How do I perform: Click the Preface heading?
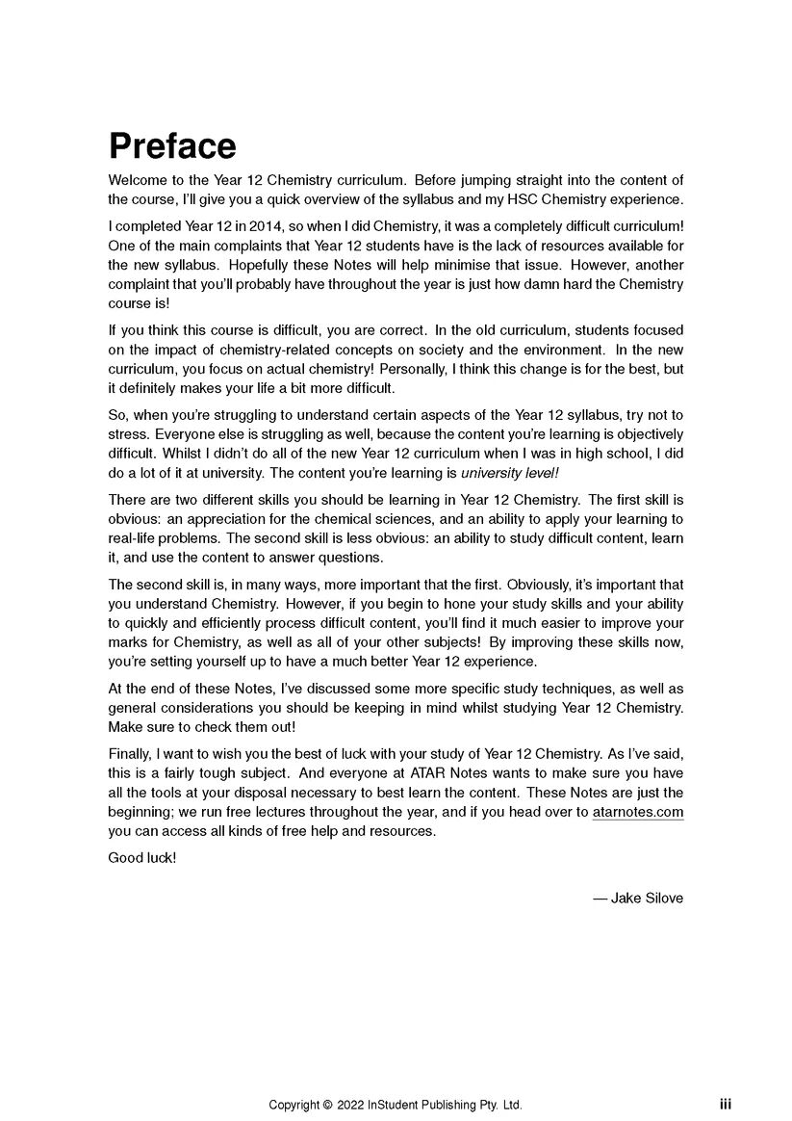point(172,146)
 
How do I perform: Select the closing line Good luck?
point(142,856)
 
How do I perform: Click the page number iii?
point(725,1105)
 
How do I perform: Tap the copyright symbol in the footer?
point(327,1105)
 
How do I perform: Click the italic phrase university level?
point(510,473)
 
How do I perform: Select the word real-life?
point(136,538)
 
